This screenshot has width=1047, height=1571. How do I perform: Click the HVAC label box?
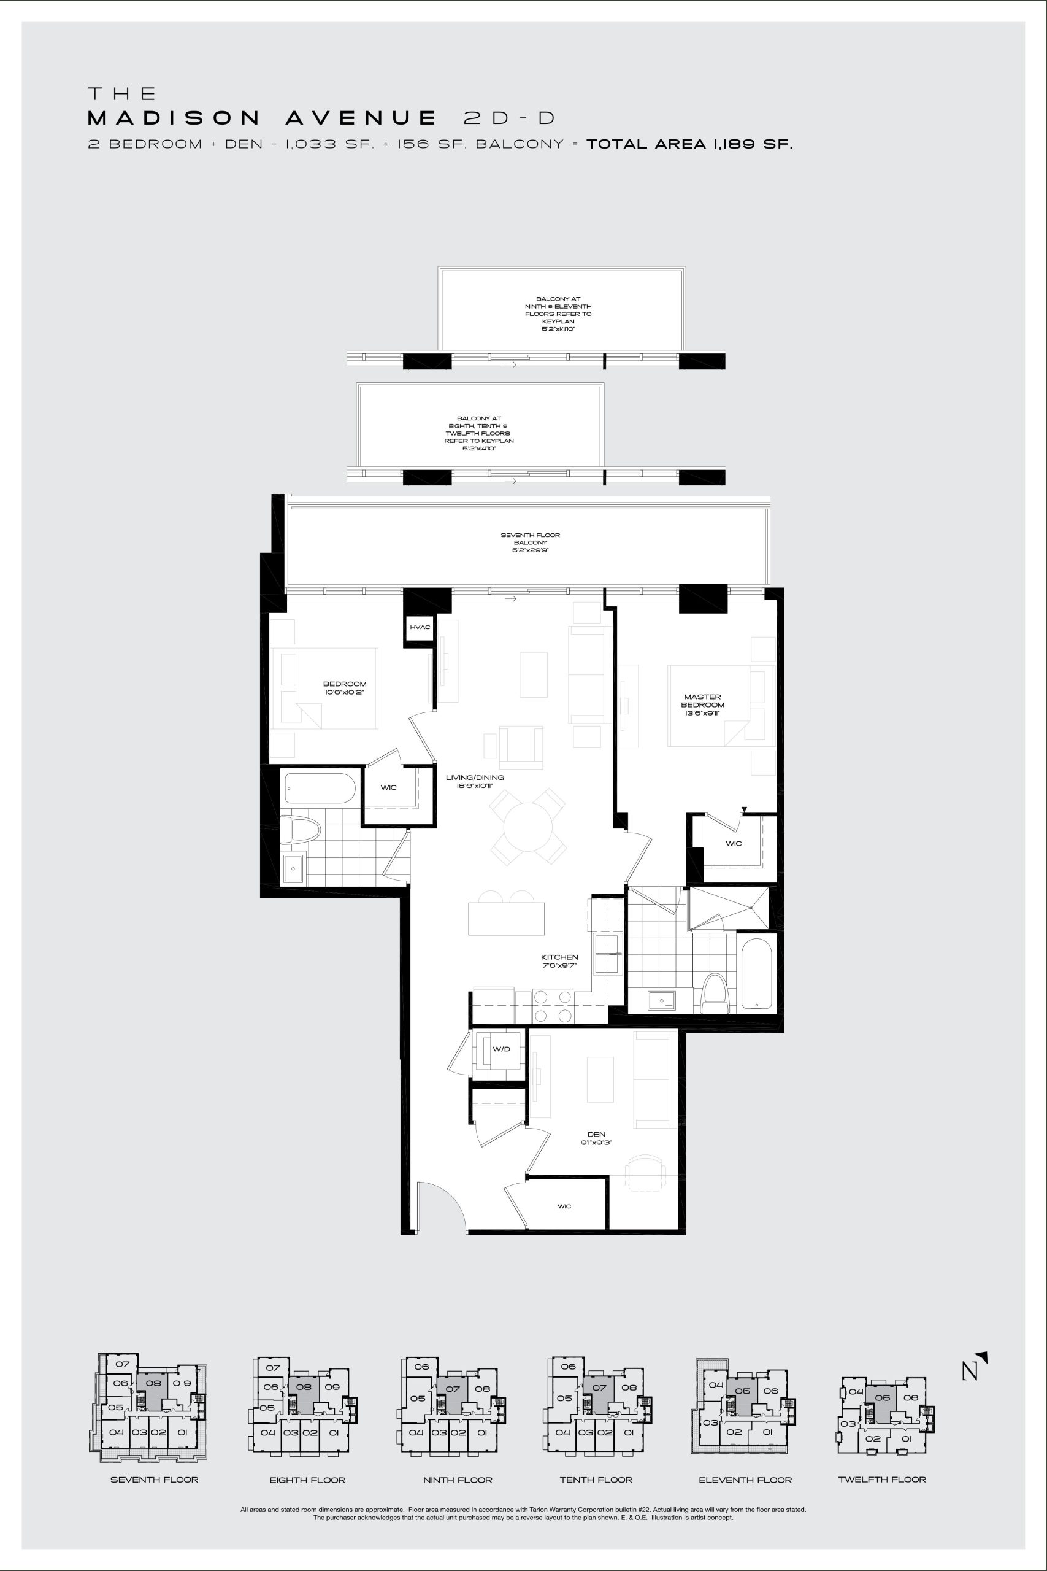pos(420,627)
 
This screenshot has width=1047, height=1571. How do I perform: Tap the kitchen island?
pos(506,919)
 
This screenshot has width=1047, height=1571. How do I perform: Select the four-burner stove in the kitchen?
pos(553,1005)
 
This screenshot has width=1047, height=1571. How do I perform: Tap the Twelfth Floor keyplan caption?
pos(882,1480)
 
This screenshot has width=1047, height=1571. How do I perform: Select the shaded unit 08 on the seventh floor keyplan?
pos(153,1392)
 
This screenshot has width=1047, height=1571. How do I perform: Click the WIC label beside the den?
pos(564,1206)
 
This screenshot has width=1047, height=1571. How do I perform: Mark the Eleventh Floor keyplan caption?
pos(745,1480)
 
